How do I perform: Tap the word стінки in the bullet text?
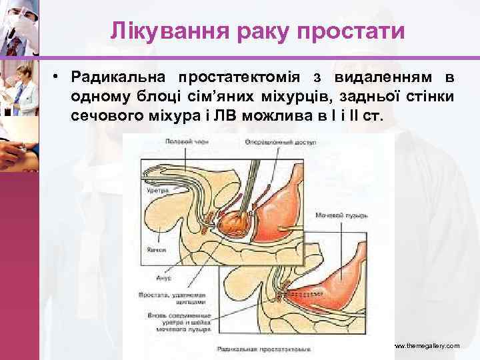point(427,97)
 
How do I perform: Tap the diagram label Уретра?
point(157,191)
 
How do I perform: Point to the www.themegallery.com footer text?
point(427,346)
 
